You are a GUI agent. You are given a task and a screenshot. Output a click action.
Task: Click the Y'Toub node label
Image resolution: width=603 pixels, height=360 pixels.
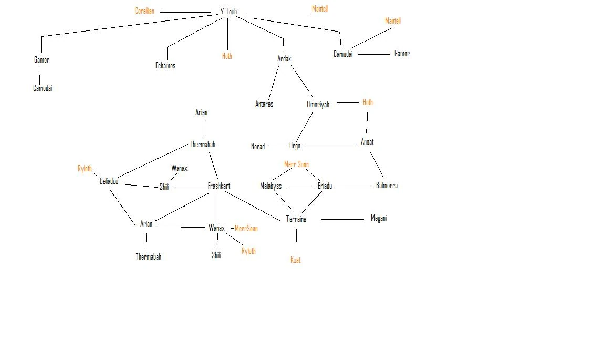pyautogui.click(x=228, y=12)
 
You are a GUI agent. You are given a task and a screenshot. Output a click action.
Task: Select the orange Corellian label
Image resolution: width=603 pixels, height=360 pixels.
pyautogui.click(x=144, y=11)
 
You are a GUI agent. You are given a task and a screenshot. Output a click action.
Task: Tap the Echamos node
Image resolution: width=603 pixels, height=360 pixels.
pyautogui.click(x=165, y=66)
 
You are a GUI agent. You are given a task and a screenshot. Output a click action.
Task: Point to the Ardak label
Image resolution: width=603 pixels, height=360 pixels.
pyautogui.click(x=284, y=59)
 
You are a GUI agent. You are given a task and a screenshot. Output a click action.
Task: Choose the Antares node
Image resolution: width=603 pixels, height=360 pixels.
pyautogui.click(x=264, y=104)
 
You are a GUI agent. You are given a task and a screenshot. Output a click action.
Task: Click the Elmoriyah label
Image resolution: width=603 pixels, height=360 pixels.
pyautogui.click(x=318, y=105)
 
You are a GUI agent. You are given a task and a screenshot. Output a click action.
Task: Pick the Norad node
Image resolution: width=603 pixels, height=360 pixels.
pyautogui.click(x=258, y=147)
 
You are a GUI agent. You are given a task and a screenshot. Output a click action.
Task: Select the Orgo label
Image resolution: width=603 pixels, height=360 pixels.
pyautogui.click(x=295, y=146)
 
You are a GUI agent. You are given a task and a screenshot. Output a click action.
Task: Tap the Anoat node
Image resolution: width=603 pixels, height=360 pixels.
pyautogui.click(x=367, y=142)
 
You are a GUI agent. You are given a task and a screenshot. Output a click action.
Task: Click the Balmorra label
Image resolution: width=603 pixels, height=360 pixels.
pyautogui.click(x=387, y=186)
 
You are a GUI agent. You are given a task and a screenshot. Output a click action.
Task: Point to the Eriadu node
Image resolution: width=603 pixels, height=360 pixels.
pyautogui.click(x=325, y=186)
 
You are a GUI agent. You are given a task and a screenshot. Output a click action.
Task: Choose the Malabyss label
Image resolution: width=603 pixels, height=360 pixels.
pyautogui.click(x=271, y=186)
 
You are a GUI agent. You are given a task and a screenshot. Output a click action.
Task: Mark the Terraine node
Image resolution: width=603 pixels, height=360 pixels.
pyautogui.click(x=296, y=219)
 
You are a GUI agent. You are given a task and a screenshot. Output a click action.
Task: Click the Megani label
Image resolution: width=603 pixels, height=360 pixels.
pyautogui.click(x=379, y=218)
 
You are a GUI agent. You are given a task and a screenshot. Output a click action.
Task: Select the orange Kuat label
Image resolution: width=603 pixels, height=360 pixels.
pyautogui.click(x=296, y=260)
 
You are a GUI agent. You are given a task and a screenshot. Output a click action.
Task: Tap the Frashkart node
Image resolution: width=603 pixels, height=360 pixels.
pyautogui.click(x=219, y=186)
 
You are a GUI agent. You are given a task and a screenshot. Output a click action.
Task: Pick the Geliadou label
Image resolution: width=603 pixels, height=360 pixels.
pyautogui.click(x=109, y=181)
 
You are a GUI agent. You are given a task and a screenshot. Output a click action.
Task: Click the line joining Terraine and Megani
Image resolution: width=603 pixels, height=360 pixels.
pyautogui.click(x=342, y=219)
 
